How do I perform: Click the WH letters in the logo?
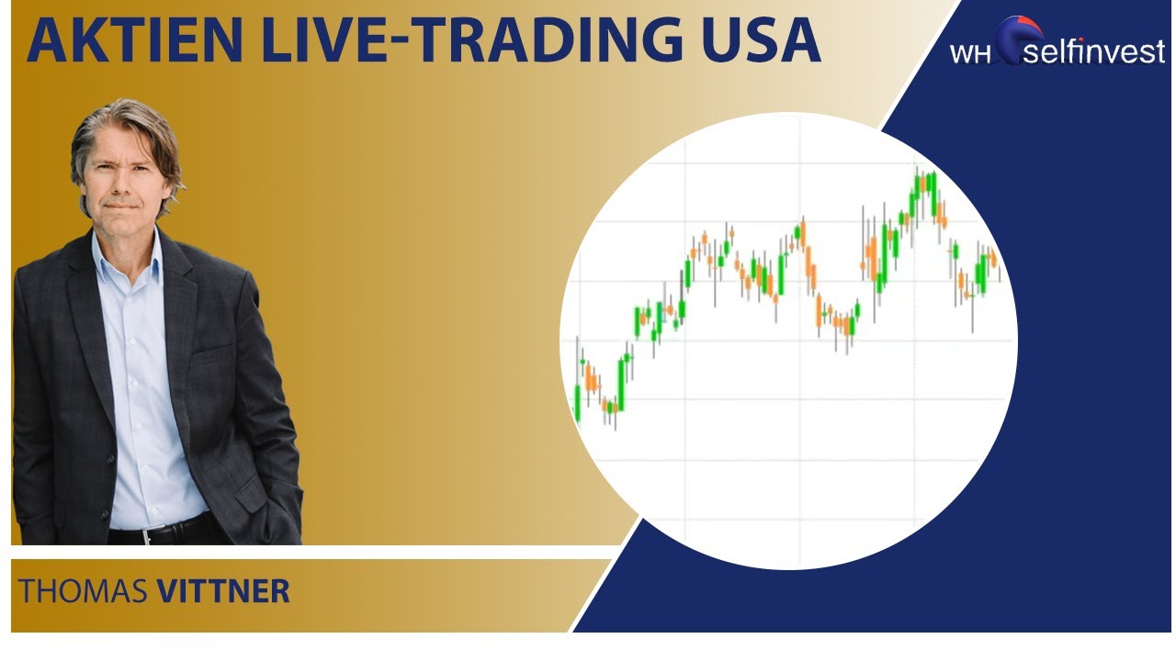(971, 52)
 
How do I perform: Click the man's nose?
(124, 180)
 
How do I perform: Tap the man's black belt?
(156, 531)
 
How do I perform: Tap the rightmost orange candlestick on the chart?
(993, 260)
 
